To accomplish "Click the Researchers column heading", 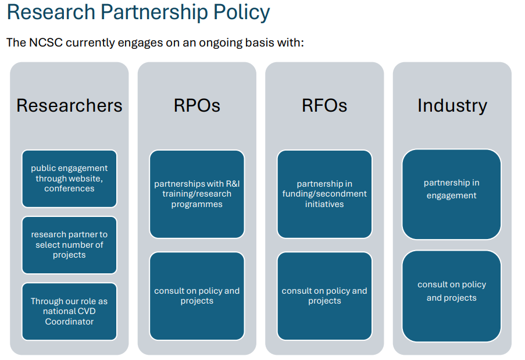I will [69, 105].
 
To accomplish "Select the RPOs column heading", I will [197, 105].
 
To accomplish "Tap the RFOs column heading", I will [324, 105].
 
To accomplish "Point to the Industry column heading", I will [452, 105].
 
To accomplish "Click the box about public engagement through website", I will [69, 178].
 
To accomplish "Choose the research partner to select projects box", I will [69, 244].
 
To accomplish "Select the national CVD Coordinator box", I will [69, 311].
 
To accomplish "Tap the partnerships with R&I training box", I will [197, 194].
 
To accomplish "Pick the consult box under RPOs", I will [197, 295].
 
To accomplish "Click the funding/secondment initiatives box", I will [324, 194].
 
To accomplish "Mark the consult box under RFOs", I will [324, 295].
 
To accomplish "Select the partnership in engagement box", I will [452, 194].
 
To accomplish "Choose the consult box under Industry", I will [452, 295].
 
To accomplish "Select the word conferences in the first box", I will [69, 188].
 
